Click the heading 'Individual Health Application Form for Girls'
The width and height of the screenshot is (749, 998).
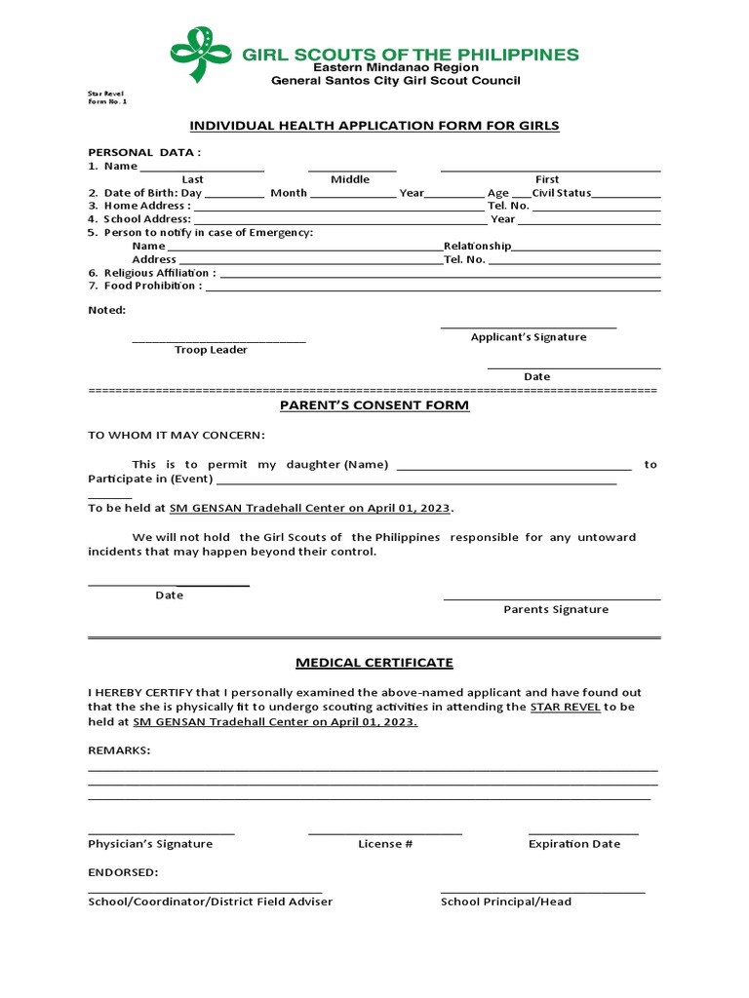374,126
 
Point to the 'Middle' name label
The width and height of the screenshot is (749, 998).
350,179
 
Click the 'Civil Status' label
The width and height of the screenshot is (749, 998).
561,193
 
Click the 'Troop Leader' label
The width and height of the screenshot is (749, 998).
211,350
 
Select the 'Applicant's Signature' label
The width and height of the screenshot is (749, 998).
529,337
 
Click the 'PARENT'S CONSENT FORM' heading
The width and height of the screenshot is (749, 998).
374,404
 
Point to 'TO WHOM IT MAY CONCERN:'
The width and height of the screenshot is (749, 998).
176,435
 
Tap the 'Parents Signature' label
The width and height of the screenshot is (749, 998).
555,609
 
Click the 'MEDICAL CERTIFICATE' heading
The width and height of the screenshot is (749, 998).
374,663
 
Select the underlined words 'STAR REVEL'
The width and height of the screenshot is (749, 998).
565,707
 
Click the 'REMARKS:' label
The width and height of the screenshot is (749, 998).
119,751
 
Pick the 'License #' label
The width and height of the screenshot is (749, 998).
385,844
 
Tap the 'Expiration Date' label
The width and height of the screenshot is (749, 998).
573,844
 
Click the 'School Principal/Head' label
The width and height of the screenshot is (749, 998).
505,902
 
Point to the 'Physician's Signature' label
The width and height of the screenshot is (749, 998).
150,844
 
